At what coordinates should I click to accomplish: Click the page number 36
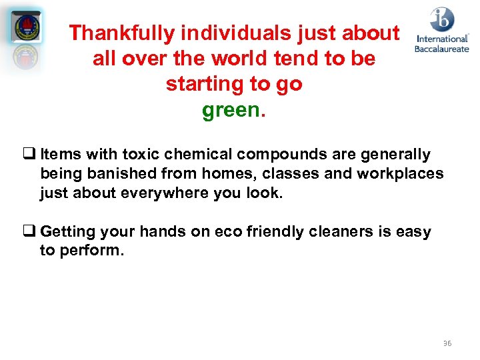click(x=447, y=343)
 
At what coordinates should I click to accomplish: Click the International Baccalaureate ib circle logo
click(x=442, y=19)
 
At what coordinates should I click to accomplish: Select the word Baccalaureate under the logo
click(x=441, y=48)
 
